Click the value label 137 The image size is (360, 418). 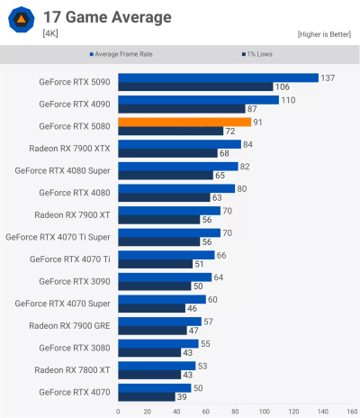click(x=328, y=77)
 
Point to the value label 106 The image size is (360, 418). click(x=282, y=86)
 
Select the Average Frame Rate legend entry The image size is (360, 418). click(x=126, y=54)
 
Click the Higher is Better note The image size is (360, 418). click(x=324, y=34)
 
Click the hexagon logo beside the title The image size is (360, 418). click(x=22, y=21)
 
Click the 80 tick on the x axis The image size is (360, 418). click(x=235, y=411)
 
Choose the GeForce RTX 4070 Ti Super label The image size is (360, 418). click(x=58, y=237)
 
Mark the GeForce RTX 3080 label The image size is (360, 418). click(x=75, y=348)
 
